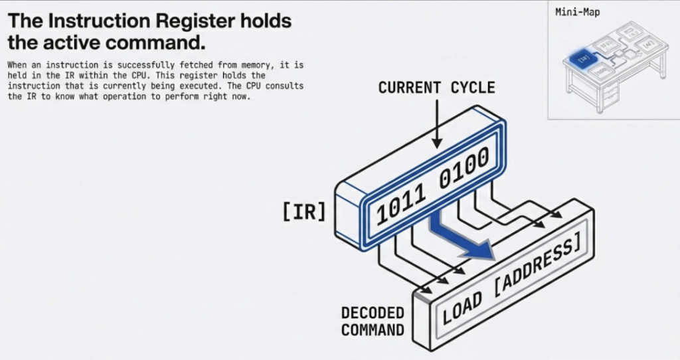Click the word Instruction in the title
pyautogui.click(x=92, y=21)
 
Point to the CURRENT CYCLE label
pyautogui.click(x=436, y=88)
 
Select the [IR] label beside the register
pyautogui.click(x=304, y=212)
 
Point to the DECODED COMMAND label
pyautogui.click(x=372, y=321)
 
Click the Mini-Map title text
pyautogui.click(x=577, y=12)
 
